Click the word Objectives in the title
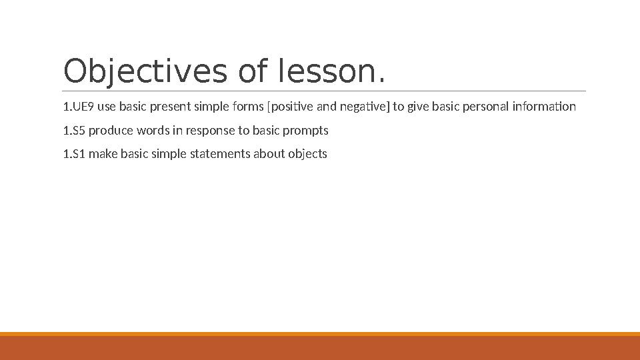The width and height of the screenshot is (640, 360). click(145, 72)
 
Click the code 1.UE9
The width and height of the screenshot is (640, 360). click(78, 107)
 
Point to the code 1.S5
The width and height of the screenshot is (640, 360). click(74, 131)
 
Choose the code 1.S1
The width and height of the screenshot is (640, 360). click(74, 155)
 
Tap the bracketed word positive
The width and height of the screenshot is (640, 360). click(287, 107)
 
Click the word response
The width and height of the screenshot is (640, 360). click(207, 131)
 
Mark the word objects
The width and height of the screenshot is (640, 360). click(307, 155)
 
